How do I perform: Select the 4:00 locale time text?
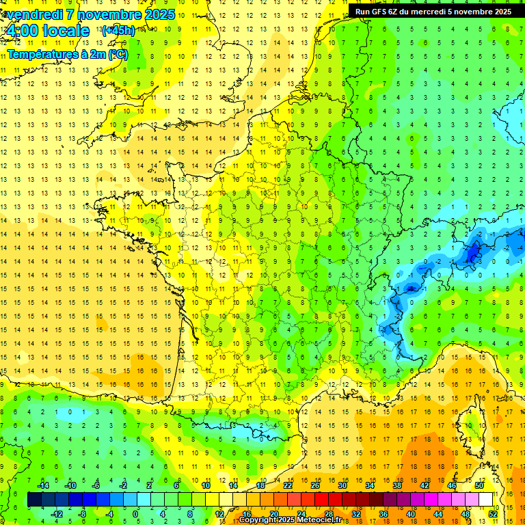pyautogui.click(x=46, y=31)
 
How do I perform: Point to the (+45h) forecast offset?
pyautogui.click(x=118, y=30)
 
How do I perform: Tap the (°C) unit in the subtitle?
pyautogui.click(x=118, y=53)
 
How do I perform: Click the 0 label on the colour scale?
pyautogui.click(x=135, y=514)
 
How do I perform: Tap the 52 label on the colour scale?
pyautogui.click(x=493, y=514)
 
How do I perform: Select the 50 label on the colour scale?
pyautogui.click(x=479, y=485)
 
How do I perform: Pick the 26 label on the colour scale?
pyautogui.click(x=314, y=485)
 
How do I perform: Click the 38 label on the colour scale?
pyautogui.click(x=396, y=485)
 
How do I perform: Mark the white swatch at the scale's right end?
pyautogui.click(x=485, y=500)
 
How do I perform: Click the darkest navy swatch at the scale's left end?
pyautogui.click(x=34, y=500)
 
